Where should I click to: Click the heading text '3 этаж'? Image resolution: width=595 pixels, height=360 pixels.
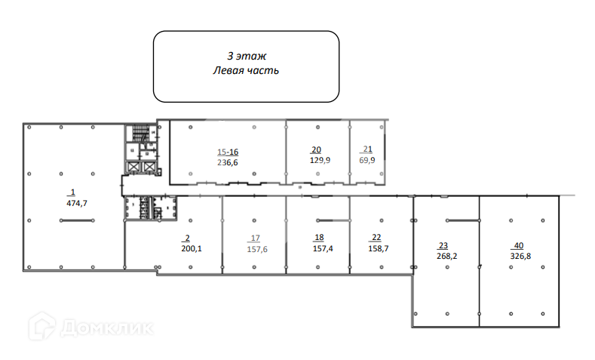click(x=247, y=56)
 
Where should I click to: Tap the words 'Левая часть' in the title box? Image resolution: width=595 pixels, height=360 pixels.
click(x=247, y=70)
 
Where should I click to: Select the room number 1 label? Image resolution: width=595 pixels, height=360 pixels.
click(x=73, y=192)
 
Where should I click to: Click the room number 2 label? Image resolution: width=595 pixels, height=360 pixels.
click(x=187, y=238)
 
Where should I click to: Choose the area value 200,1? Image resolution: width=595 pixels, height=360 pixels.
click(x=192, y=248)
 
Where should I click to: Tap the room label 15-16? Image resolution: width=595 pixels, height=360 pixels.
click(x=228, y=151)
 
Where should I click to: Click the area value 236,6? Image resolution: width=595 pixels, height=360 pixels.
click(x=228, y=162)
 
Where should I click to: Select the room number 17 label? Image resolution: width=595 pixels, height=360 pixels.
click(x=256, y=238)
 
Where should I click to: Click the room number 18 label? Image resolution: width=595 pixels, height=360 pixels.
click(x=318, y=236)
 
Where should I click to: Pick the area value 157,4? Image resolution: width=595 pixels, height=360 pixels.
click(x=323, y=247)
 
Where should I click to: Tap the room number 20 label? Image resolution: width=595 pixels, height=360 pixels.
click(x=317, y=149)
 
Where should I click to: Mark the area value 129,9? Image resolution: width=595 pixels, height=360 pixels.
click(x=321, y=160)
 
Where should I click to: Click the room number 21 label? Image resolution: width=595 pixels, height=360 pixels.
click(x=367, y=149)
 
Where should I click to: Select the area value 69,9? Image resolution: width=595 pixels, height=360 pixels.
click(x=367, y=160)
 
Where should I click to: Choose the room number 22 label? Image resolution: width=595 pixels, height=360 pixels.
click(x=376, y=238)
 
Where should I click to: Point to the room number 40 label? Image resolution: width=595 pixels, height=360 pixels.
click(x=518, y=245)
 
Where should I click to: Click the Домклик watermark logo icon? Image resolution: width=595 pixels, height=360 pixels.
click(x=41, y=327)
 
